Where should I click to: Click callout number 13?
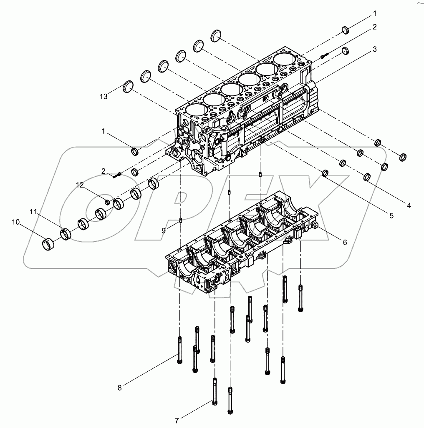click(103, 97)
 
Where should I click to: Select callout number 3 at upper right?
click(375, 49)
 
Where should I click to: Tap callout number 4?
click(409, 205)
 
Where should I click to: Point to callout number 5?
click(391, 215)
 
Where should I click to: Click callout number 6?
click(345, 242)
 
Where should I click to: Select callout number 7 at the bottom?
click(177, 421)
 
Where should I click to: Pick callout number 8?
click(119, 388)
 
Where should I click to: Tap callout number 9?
click(164, 230)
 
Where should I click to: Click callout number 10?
click(16, 222)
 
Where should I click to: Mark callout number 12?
click(80, 185)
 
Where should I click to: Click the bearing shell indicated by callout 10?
click(49, 244)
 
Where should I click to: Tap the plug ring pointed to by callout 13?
click(129, 86)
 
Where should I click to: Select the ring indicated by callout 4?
click(367, 177)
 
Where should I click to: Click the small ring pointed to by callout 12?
click(107, 202)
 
